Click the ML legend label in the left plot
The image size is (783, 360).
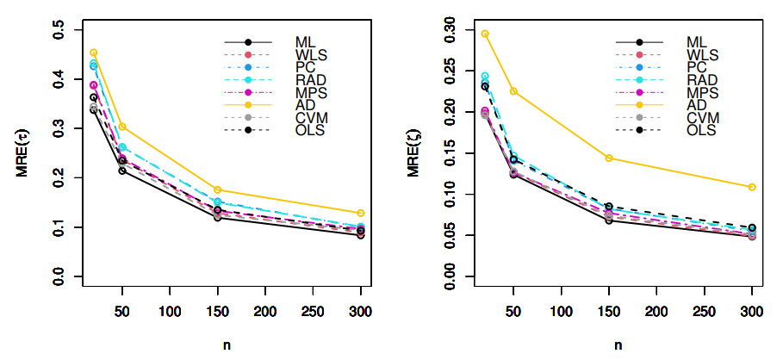pyautogui.click(x=305, y=41)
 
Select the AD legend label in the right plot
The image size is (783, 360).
pyautogui.click(x=696, y=104)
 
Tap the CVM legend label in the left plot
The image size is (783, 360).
pyautogui.click(x=310, y=116)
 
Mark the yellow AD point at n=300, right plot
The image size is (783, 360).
pyautogui.click(x=752, y=187)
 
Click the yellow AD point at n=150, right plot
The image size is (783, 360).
pyautogui.click(x=609, y=158)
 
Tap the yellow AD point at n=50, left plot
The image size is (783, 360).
pyautogui.click(x=122, y=127)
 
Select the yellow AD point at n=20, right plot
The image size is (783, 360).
pyautogui.click(x=485, y=34)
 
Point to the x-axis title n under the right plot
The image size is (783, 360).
pyautogui.click(x=618, y=344)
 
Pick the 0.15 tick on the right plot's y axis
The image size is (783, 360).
pyautogui.click(x=450, y=153)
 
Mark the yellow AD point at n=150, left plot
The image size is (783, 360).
pyautogui.click(x=217, y=189)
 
